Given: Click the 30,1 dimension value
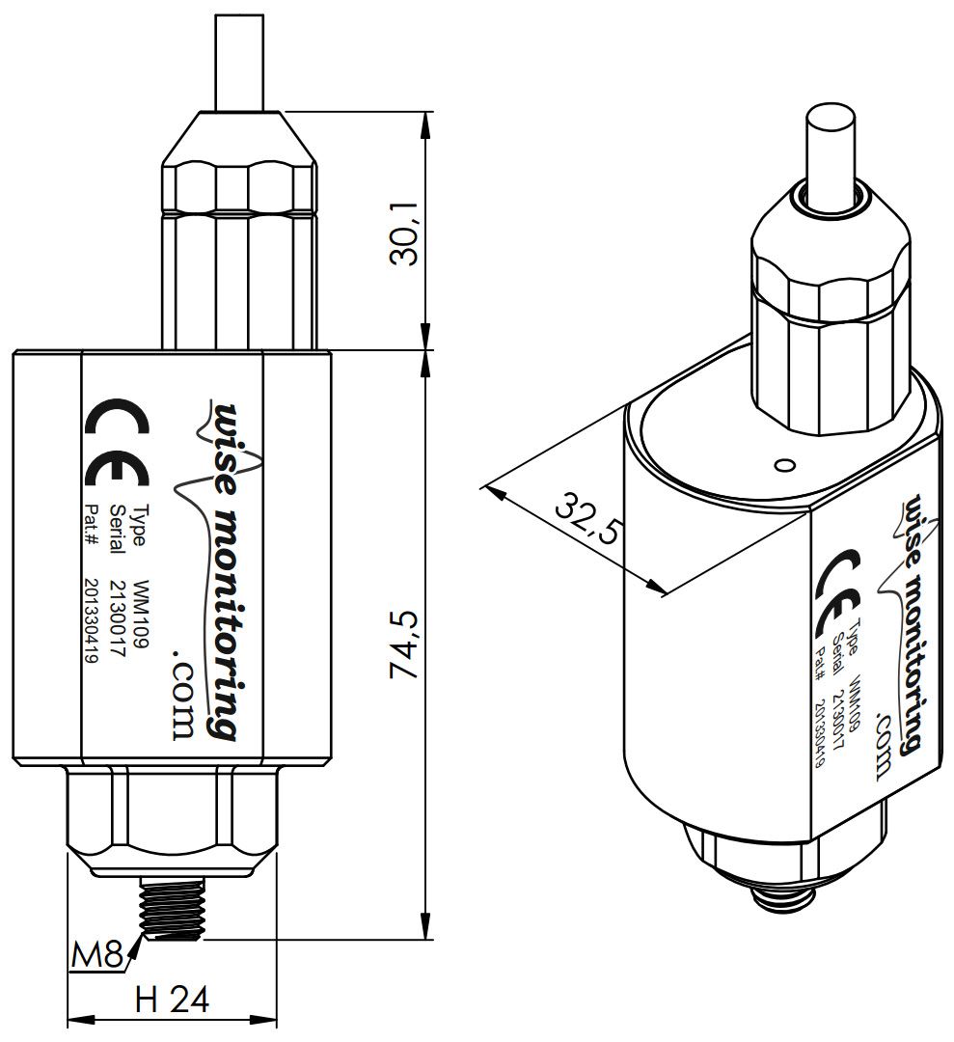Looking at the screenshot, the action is tap(404, 233).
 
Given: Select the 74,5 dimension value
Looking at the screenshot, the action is tap(404, 644).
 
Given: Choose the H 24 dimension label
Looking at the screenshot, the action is tap(172, 999).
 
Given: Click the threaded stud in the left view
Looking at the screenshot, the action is tap(171, 906).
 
